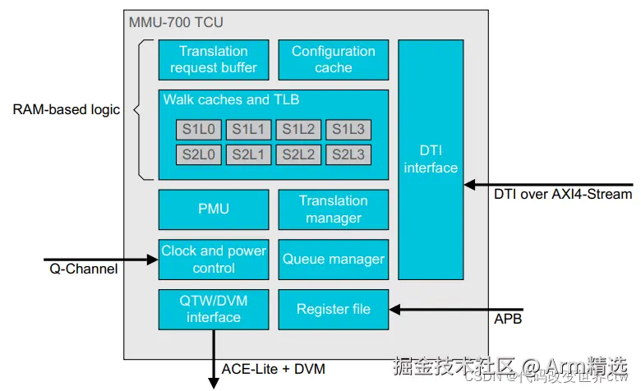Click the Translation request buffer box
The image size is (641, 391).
214,59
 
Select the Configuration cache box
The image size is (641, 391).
333,59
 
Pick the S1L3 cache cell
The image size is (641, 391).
348,129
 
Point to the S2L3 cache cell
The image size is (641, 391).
348,154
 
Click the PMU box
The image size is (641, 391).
214,209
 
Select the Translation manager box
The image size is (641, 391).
333,209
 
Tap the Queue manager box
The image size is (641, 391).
333,259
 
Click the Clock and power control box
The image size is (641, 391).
214,259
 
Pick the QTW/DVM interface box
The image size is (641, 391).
214,309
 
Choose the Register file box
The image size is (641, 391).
333,309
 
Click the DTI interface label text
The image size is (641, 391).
431,159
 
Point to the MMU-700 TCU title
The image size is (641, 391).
176,22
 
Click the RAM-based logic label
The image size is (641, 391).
67,109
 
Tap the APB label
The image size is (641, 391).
508,318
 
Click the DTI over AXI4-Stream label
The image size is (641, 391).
563,194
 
